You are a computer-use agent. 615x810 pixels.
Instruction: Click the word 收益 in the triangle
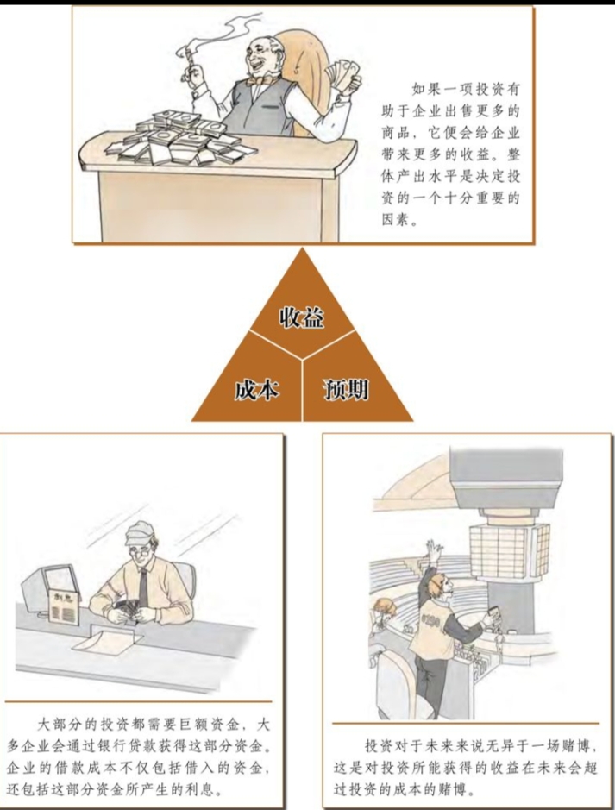click(x=302, y=317)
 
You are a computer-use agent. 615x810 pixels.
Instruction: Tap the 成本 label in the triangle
click(x=257, y=389)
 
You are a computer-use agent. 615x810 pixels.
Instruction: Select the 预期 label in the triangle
click(x=346, y=389)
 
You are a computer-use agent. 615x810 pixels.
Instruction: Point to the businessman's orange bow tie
click(x=256, y=81)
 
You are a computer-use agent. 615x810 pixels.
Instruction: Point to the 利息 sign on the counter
click(x=64, y=606)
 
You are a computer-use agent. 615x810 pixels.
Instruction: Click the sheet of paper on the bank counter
click(x=108, y=642)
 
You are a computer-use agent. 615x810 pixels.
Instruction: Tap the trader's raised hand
click(x=434, y=551)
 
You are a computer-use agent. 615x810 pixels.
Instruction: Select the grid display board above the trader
click(x=510, y=549)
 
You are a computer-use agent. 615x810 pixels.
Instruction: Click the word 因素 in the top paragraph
click(x=397, y=220)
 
